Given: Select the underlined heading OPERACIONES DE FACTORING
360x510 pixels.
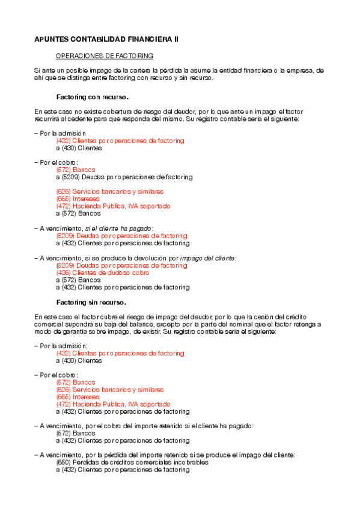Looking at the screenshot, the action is [105, 56].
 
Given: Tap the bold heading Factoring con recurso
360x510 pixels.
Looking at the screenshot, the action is [93, 97].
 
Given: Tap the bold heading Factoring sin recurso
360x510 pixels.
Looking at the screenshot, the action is [91, 303].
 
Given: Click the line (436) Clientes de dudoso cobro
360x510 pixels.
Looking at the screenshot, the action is [102, 272].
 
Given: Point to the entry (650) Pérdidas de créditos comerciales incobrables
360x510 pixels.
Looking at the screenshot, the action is [132, 462].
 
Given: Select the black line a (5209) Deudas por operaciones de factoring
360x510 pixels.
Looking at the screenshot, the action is [124, 177].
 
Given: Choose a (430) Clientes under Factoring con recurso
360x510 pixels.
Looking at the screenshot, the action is [79, 148].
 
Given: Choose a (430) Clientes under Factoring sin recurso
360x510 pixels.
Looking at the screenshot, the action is [79, 361].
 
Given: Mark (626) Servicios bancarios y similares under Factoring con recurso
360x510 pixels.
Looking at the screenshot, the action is [109, 191].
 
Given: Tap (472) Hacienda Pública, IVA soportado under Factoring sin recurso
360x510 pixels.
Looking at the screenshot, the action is [113, 404].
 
